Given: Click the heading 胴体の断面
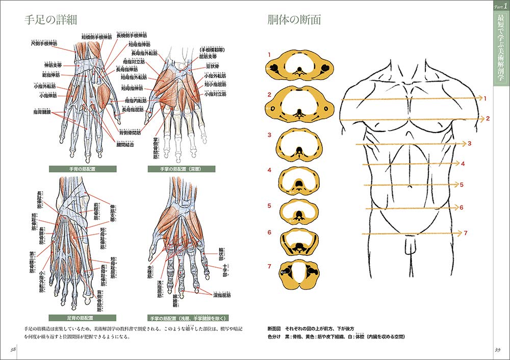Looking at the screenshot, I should pyautogui.click(x=294, y=21).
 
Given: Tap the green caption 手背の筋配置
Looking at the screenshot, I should pyautogui.click(x=83, y=169).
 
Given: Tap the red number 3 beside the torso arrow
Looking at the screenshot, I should pyautogui.click(x=469, y=144).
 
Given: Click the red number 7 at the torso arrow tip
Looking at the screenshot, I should pyautogui.click(x=466, y=233).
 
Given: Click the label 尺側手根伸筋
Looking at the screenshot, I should pyautogui.click(x=44, y=44).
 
